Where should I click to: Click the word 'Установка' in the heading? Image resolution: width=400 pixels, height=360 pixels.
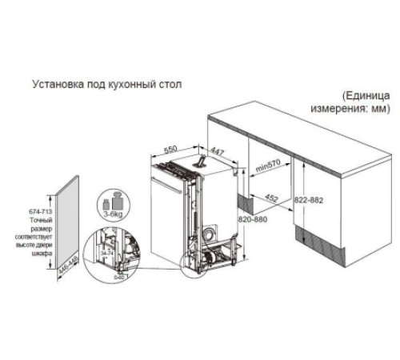pyautogui.click(x=54, y=82)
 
